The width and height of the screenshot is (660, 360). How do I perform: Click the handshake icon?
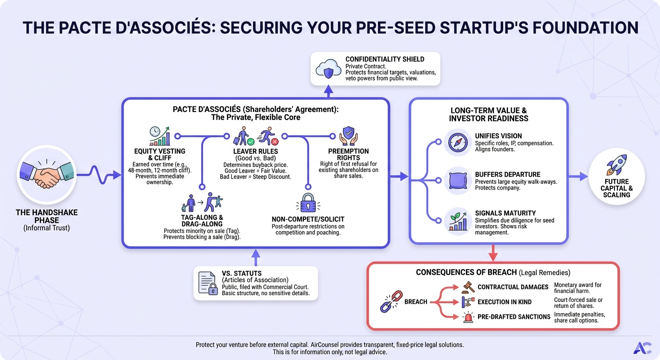point(46,175)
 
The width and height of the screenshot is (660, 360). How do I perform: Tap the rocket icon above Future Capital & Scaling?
point(616,165)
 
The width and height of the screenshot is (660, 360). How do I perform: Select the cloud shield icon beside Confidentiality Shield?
point(328,69)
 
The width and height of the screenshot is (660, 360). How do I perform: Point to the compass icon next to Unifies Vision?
point(457,142)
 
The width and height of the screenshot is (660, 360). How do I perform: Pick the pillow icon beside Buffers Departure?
point(458,180)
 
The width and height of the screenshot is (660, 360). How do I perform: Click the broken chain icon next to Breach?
point(391,301)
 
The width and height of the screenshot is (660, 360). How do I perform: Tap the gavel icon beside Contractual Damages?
point(468,287)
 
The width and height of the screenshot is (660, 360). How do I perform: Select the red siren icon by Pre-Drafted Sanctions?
point(468,317)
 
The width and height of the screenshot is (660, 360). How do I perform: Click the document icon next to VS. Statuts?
point(208,283)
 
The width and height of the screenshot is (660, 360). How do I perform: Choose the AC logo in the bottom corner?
point(642,348)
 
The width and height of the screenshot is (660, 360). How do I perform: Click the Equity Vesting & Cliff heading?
point(160,154)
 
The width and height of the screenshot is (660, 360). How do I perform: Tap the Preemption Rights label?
point(349,154)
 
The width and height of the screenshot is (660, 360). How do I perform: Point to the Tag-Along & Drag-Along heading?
point(202,221)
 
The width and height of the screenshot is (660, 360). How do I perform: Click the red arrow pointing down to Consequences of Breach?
point(493,253)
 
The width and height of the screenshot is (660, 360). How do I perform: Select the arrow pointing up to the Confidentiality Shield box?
point(329,91)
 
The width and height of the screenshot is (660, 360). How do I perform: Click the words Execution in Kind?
point(504,302)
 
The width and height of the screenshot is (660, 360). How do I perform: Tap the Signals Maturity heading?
point(505,213)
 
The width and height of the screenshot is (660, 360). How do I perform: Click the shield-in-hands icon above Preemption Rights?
point(349,136)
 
